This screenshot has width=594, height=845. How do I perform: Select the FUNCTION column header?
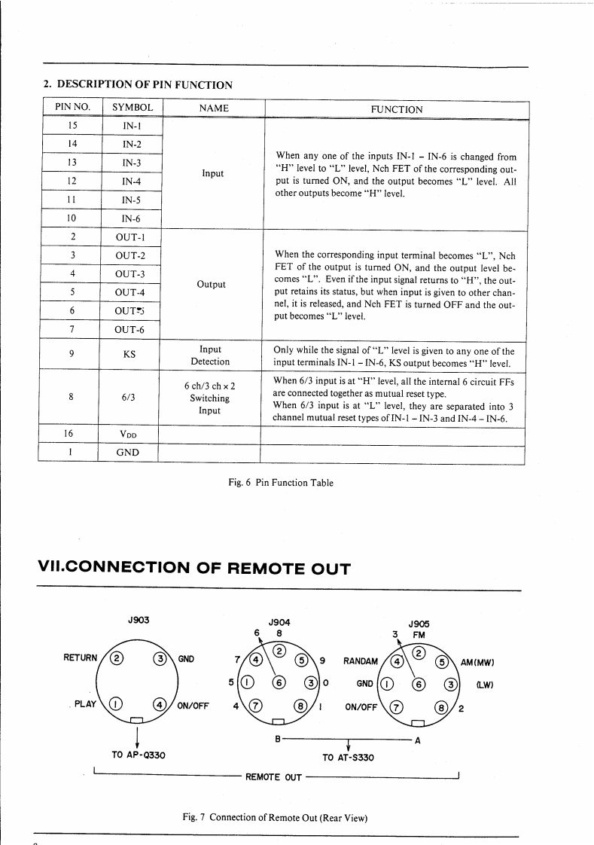397,109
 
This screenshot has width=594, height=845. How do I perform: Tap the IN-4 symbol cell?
132,182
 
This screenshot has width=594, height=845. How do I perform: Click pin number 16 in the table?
69,435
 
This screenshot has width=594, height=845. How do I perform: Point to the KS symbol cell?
129,354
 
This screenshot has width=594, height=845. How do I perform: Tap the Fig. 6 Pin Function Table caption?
280,482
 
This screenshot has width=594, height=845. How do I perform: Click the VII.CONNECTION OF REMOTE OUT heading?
194,569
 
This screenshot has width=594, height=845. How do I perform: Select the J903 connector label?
139,619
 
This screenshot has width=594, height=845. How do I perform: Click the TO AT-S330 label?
348,756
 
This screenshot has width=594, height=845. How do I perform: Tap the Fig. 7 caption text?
279,817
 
